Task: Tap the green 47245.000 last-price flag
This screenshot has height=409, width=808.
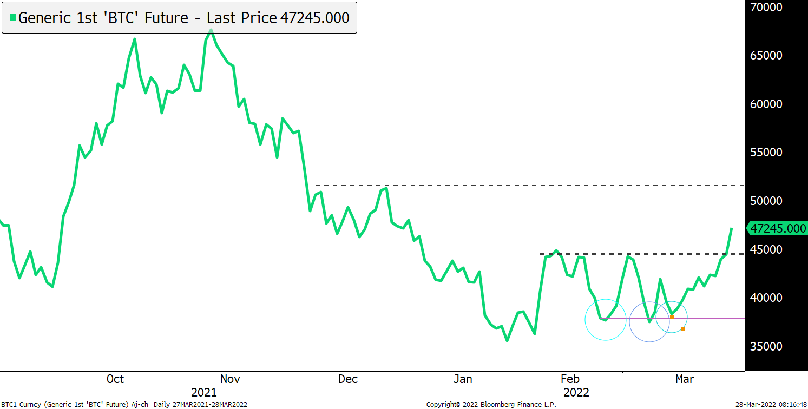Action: point(777,229)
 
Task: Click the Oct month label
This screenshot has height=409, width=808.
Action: point(115,379)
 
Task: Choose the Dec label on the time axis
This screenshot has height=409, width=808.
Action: point(348,379)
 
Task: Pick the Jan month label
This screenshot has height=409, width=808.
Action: point(463,379)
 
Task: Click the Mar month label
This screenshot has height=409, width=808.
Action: point(685,379)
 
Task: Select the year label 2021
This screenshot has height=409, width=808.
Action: point(204,392)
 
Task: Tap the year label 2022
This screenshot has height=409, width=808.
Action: point(576,392)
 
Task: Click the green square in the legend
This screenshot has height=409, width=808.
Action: point(13,18)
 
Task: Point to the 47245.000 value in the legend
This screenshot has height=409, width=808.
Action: point(314,18)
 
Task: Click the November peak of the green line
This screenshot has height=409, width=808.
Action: point(211,30)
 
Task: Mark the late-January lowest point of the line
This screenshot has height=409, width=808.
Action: point(507,340)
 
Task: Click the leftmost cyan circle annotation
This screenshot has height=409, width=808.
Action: point(606,320)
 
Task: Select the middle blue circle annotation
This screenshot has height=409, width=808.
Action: point(649,322)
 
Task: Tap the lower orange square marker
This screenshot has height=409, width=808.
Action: point(682,328)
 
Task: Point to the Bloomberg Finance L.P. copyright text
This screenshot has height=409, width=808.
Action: point(491,404)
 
